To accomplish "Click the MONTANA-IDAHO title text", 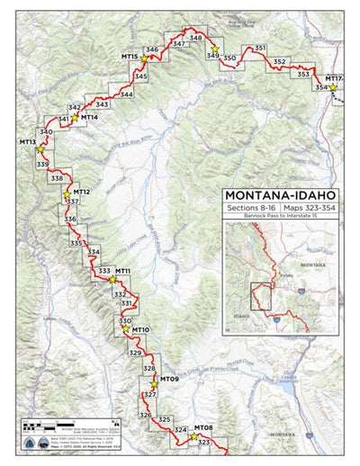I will point(280,195).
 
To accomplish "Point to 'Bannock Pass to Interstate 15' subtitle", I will point(280,220).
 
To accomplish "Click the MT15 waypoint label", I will point(130,57).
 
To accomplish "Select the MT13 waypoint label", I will point(27,142).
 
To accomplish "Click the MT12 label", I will point(81,192).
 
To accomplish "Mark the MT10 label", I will point(140,330).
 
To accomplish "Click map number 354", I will point(321,87).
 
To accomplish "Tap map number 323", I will point(203,442).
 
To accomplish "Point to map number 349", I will point(212,56).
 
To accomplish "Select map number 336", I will point(70,220).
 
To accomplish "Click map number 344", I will point(126,94).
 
